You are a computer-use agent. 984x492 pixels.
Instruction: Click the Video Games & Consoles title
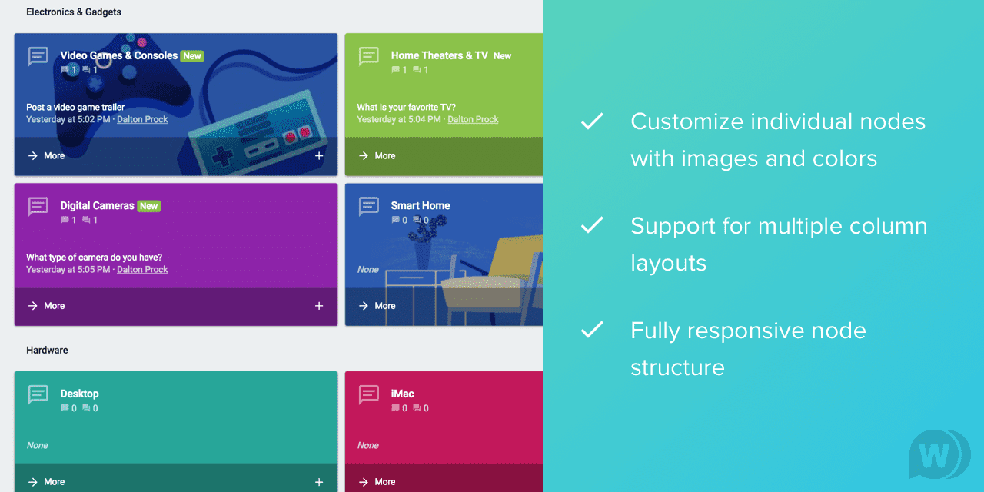tap(118, 55)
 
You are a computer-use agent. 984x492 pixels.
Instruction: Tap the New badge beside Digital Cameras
tap(149, 206)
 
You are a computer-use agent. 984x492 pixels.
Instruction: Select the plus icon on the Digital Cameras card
tap(319, 306)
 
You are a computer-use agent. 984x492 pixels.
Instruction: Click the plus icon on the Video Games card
tap(319, 155)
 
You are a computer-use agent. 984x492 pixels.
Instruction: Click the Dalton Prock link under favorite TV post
tap(473, 119)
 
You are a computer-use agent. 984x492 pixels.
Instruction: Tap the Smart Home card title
tap(421, 205)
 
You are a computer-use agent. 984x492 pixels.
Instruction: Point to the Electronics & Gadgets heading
tap(73, 12)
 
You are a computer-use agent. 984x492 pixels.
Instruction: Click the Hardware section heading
tap(47, 350)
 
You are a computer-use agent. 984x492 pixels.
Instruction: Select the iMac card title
tap(402, 394)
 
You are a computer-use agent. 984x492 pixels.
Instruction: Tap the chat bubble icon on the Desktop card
tap(38, 394)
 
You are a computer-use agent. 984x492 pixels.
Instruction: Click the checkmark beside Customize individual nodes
tap(592, 121)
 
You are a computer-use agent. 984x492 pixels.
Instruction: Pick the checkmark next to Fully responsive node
tap(592, 330)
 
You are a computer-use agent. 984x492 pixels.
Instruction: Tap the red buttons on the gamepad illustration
tap(298, 135)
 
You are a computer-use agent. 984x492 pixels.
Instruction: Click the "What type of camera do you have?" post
tap(94, 258)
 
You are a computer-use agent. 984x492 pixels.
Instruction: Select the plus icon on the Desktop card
tap(319, 482)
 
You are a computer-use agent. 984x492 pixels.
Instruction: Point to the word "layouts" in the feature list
tap(668, 264)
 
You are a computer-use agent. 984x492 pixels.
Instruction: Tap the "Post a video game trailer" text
tap(75, 107)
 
